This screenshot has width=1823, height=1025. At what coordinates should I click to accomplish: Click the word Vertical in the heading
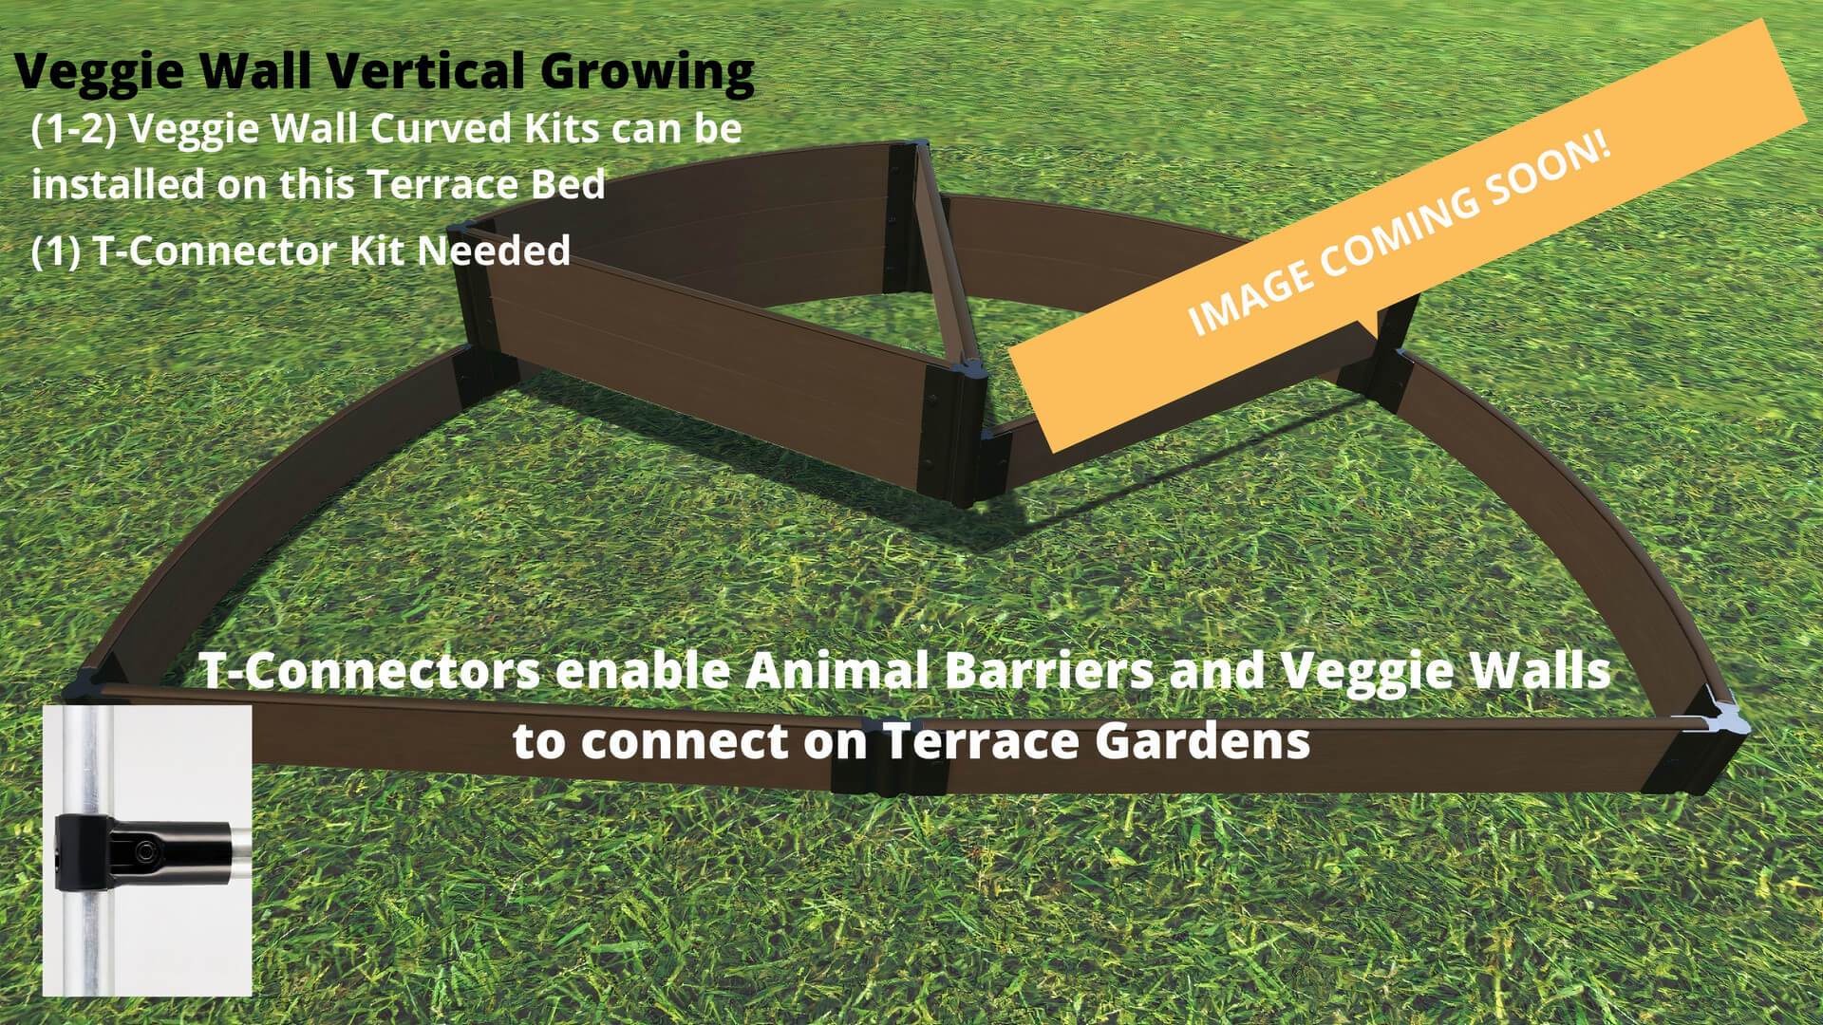(x=423, y=72)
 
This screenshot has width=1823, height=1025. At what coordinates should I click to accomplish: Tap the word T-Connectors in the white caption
(x=370, y=672)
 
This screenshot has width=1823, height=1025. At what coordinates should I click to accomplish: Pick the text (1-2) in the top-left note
(x=73, y=130)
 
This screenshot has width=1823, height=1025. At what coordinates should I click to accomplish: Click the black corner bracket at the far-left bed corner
(x=90, y=688)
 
